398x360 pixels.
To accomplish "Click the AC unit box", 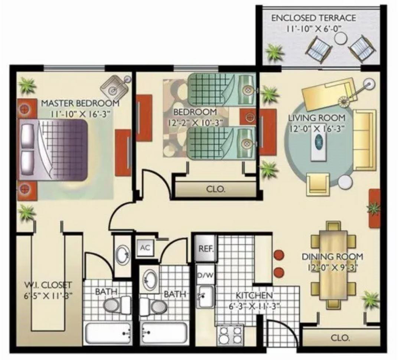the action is [x=145, y=247].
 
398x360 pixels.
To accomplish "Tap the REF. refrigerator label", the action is [x=206, y=249].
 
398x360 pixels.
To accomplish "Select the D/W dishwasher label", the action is [x=205, y=275].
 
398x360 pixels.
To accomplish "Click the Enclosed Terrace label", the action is [x=314, y=18].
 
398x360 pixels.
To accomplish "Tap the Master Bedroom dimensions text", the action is [x=80, y=114].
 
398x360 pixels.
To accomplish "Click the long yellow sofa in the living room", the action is [x=365, y=140].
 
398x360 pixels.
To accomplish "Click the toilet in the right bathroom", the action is [x=153, y=306].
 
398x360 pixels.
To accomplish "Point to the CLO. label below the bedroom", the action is [x=215, y=189].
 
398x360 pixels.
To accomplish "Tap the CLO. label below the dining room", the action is [x=340, y=338].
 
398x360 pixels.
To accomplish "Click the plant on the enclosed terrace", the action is [x=274, y=52].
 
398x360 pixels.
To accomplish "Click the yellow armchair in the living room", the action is [x=318, y=184].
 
